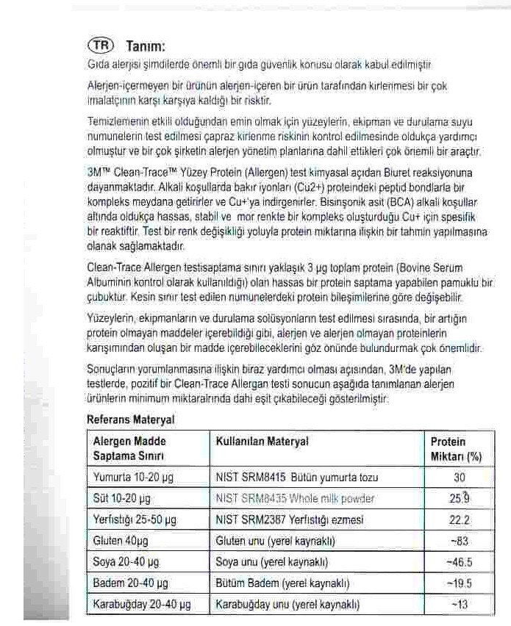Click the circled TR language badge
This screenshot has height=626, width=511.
coord(100,45)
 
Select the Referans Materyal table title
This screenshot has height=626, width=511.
coord(130,420)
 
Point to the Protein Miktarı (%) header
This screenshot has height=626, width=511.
coord(456,448)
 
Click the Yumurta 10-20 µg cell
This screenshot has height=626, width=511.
coord(133,478)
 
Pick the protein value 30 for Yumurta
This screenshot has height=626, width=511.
coord(460,478)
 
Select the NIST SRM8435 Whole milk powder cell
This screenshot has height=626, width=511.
coord(295,499)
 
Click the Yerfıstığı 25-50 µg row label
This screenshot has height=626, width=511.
coord(135,520)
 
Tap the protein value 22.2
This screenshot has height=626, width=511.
coord(460,520)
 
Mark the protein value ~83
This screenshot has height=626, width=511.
coord(459,542)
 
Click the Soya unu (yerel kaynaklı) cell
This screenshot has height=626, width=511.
coord(271,563)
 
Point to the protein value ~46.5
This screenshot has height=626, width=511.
coord(459,563)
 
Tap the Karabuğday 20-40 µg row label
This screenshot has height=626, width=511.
coord(142,605)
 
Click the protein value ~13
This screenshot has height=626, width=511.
coord(459,605)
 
